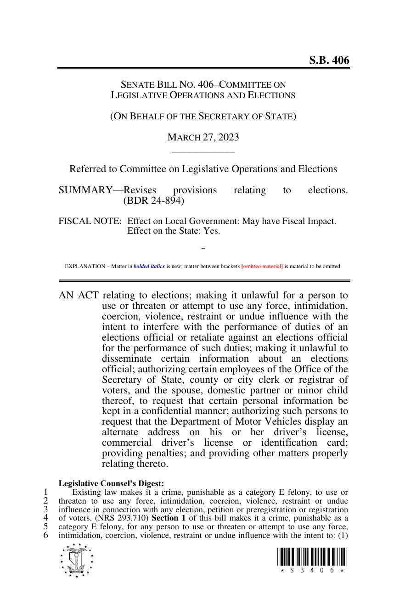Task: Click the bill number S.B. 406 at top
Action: pyautogui.click(x=328, y=60)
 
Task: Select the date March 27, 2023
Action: pyautogui.click(x=203, y=137)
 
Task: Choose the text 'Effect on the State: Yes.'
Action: pyautogui.click(x=174, y=231)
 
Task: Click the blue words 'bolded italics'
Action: pyautogui.click(x=149, y=266)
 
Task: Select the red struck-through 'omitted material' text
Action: pyautogui.click(x=262, y=266)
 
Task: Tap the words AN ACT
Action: pyautogui.click(x=79, y=295)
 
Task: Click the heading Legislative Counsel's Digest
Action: pyautogui.click(x=111, y=483)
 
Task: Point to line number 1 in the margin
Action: pyautogui.click(x=46, y=492)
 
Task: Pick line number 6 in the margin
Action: pyautogui.click(x=46, y=535)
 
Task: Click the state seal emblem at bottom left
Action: pyautogui.click(x=77, y=560)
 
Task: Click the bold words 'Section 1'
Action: pyautogui.click(x=169, y=518)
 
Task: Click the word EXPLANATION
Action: pyautogui.click(x=85, y=266)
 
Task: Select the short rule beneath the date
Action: pyautogui.click(x=203, y=151)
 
